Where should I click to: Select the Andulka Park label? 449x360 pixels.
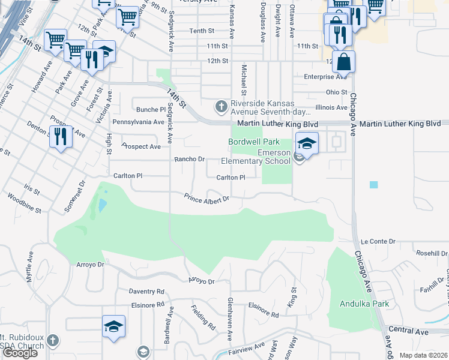364,304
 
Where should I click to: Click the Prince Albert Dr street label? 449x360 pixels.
207,197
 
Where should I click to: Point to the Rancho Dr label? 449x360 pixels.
190,160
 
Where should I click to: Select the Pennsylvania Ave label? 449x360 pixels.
138,122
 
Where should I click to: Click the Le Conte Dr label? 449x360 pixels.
378,241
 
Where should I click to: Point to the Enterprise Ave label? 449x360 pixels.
325,77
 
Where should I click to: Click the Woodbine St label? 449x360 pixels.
21,210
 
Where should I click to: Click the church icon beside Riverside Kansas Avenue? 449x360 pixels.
221,107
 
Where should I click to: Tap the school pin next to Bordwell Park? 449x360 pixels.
306,144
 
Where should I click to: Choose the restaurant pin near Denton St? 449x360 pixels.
61,136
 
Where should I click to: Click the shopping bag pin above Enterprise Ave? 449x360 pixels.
343,62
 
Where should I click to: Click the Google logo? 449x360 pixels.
20,353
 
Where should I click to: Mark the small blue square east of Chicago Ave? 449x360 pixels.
374,185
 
